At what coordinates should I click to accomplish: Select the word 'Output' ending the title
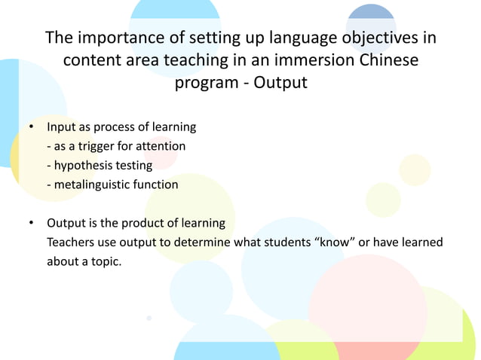click(x=280, y=82)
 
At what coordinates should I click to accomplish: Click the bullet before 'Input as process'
click(x=31, y=127)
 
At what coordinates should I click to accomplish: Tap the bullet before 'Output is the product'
click(x=31, y=224)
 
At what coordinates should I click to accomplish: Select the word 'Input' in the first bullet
click(x=62, y=127)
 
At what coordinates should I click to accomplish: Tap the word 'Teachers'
click(x=72, y=243)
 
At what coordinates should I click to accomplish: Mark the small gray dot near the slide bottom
click(x=149, y=318)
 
